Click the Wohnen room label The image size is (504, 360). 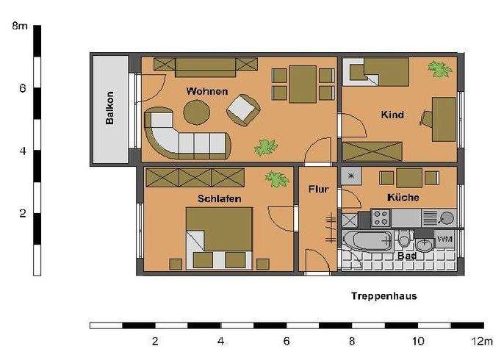[x=206, y=91]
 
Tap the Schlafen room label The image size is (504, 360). [x=219, y=198]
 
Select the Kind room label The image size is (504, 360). [x=392, y=115]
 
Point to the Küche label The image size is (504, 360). [x=403, y=198]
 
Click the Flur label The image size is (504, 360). [x=318, y=189]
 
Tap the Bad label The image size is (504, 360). [x=407, y=256]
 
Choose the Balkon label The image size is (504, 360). [x=109, y=108]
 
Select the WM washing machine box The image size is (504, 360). [x=444, y=240]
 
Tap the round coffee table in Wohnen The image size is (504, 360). [x=196, y=113]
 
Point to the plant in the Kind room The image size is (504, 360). [x=439, y=71]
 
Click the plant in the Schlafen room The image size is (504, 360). [x=276, y=179]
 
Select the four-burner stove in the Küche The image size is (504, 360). [x=381, y=217]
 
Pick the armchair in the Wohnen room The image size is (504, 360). [x=243, y=110]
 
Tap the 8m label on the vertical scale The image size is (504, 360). [x=21, y=26]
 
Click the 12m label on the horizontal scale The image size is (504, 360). [x=483, y=342]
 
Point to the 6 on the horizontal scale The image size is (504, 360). [x=287, y=342]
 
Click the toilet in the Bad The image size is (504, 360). [x=404, y=240]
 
